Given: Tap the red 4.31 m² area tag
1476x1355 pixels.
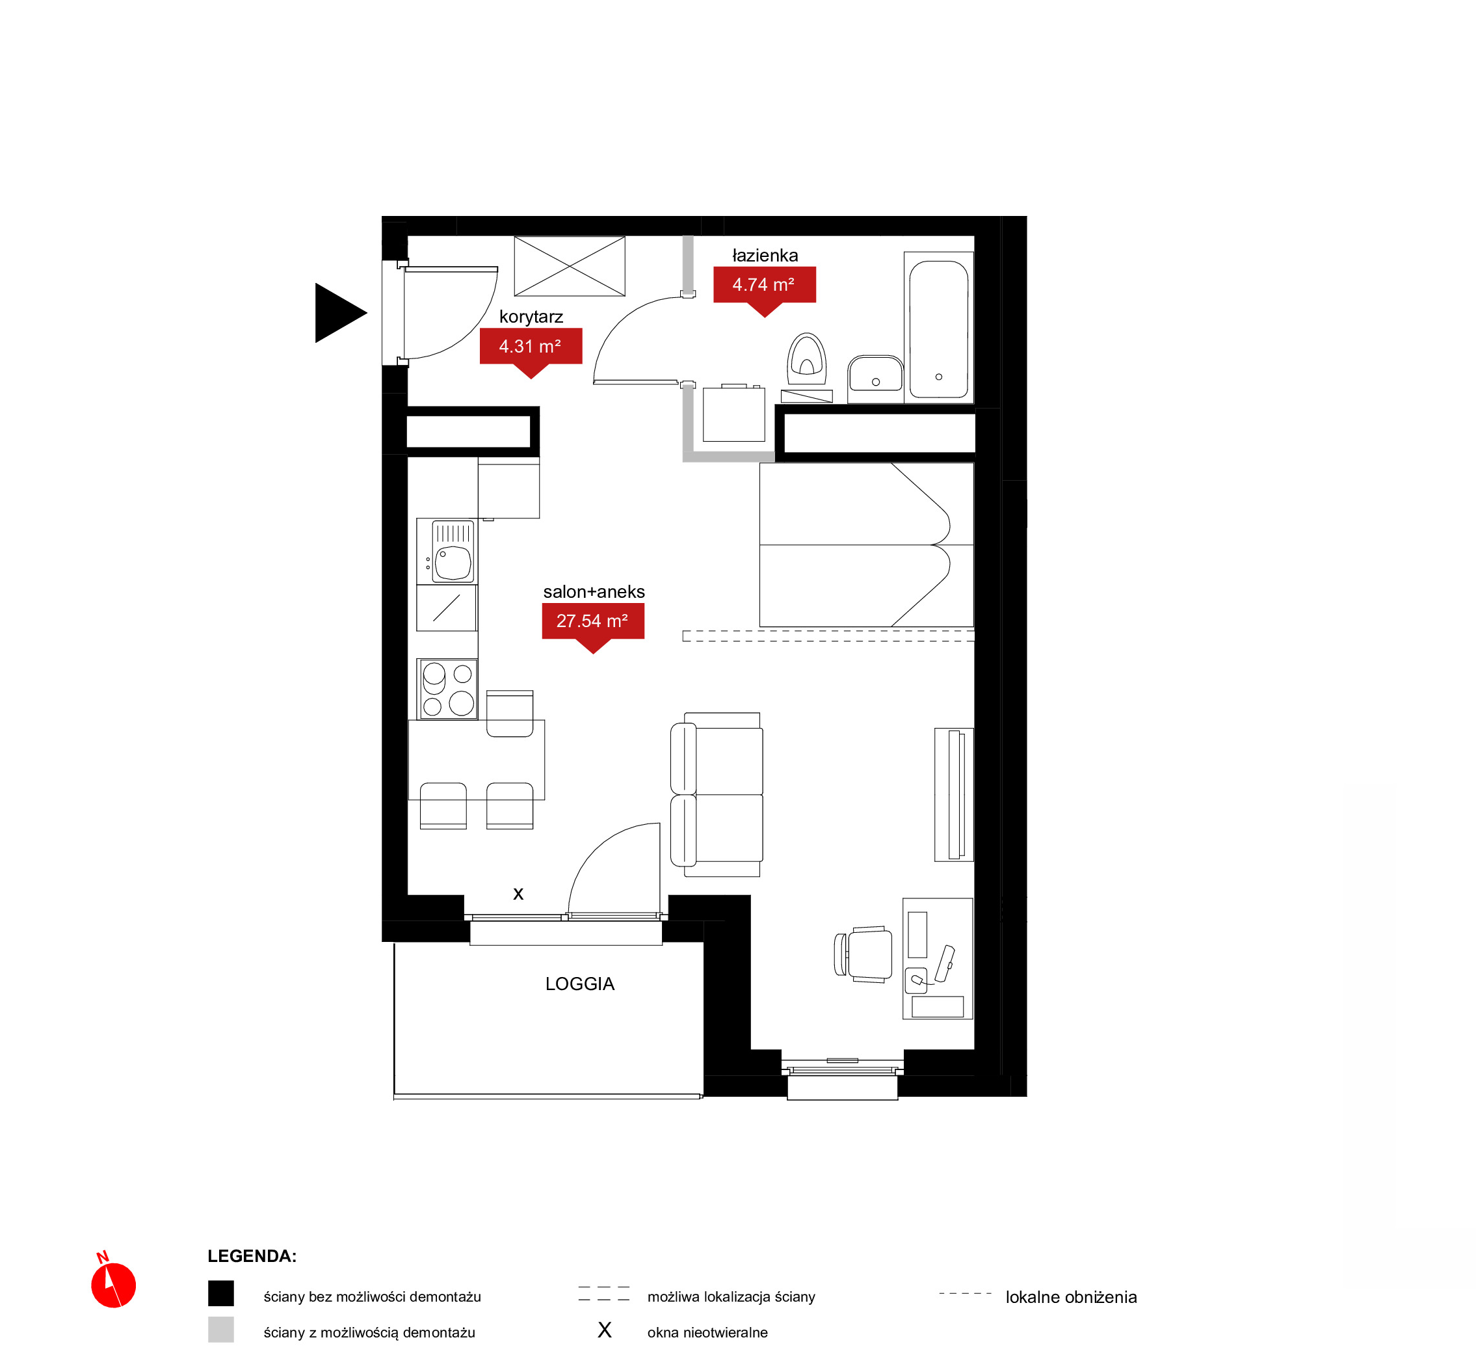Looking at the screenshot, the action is click(x=531, y=350).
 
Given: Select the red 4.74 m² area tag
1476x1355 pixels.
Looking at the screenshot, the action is click(x=765, y=288).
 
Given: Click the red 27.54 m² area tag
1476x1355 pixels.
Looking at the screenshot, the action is click(x=593, y=624).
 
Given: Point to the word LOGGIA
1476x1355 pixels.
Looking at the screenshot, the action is click(x=580, y=984).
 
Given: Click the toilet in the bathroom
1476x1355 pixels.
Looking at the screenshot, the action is click(x=807, y=359).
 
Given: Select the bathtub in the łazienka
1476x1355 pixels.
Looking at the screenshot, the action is click(x=939, y=329).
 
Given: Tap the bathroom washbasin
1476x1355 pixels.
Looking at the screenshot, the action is click(x=875, y=375).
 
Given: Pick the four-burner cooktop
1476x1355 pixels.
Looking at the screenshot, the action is click(x=447, y=690).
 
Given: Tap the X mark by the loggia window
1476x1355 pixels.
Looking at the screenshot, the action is click(x=518, y=894).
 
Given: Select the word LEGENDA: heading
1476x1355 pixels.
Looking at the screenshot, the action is click(x=252, y=1256).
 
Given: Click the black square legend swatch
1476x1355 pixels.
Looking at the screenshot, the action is click(x=220, y=1293).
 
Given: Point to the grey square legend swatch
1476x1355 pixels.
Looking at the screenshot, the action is click(x=220, y=1330).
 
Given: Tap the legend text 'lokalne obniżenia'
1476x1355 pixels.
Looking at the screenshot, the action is click(x=1071, y=1297).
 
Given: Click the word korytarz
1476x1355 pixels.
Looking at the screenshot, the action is click(x=531, y=317).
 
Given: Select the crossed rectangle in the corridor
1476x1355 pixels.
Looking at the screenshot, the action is click(x=570, y=266).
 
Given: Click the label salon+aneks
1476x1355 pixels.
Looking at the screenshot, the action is click(x=594, y=592).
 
